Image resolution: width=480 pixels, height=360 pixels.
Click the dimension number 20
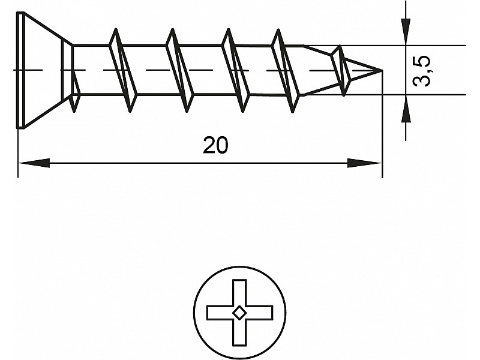pyautogui.click(x=215, y=145)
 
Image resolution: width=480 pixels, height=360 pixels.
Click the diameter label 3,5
pyautogui.click(x=422, y=71)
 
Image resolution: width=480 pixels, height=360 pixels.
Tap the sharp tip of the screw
pyautogui.click(x=382, y=70)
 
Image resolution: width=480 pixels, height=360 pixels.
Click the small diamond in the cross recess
pyautogui.click(x=239, y=312)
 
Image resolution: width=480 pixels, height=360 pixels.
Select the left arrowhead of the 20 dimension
pyautogui.click(x=34, y=163)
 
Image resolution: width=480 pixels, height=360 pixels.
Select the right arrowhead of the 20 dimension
pyautogui.click(x=364, y=163)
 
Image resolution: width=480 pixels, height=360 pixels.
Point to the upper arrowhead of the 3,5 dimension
pyautogui.click(x=406, y=32)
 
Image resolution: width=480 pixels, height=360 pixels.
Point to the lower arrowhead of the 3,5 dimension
pyautogui.click(x=406, y=109)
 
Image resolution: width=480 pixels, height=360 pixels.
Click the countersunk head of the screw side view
pyautogui.click(x=44, y=70)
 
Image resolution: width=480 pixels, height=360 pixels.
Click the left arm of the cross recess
pyautogui.click(x=220, y=313)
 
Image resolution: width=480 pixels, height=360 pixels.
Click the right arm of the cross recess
pyautogui.click(x=259, y=313)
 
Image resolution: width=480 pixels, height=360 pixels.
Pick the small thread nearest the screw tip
pyautogui.click(x=340, y=71)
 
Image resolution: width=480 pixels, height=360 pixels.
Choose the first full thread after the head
pyautogui.click(x=123, y=70)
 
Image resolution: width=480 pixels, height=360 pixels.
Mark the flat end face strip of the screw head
pyautogui.click(x=20, y=70)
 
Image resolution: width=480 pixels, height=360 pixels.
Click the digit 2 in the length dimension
pyautogui.click(x=209, y=145)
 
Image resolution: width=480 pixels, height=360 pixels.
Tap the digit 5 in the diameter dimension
pyautogui.click(x=422, y=63)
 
